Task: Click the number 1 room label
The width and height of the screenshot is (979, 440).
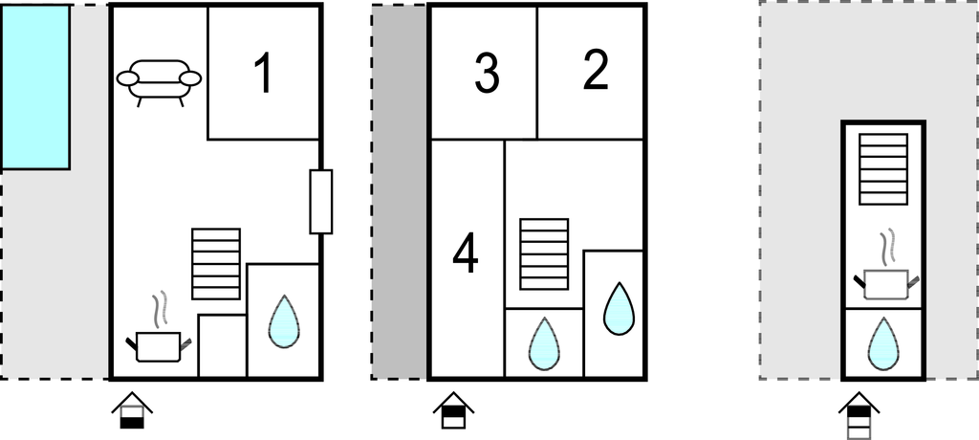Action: [x=261, y=75]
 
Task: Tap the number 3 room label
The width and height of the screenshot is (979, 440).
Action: [x=487, y=75]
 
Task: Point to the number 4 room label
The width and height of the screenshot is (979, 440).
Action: [x=465, y=255]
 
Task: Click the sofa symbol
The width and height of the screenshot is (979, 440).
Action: [x=159, y=80]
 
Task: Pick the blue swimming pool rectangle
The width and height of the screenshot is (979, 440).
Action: [x=35, y=87]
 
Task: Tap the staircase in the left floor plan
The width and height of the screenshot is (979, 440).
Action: [x=215, y=264]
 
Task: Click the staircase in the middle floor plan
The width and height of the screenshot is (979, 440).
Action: [x=544, y=253]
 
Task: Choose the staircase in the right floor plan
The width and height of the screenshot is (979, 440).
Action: [x=882, y=168]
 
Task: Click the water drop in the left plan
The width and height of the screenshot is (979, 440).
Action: [x=283, y=321]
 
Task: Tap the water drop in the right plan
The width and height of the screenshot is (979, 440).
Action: [x=882, y=343]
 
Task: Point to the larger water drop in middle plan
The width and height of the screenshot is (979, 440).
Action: [x=620, y=308]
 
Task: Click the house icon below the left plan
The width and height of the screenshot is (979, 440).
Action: [x=131, y=411]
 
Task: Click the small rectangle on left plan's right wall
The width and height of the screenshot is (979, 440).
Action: [x=321, y=202]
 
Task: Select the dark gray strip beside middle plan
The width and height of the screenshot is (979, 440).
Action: [x=399, y=191]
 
